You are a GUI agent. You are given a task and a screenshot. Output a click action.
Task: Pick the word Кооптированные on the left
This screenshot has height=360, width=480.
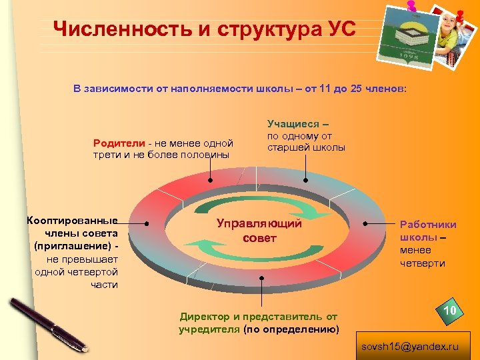click(71, 221)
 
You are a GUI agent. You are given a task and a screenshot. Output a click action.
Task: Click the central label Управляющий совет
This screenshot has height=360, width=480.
click(259, 231)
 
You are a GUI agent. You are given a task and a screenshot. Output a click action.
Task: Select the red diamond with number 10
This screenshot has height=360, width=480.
click(449, 312)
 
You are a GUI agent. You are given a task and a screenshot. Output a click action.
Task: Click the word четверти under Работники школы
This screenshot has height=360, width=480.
click(423, 263)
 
